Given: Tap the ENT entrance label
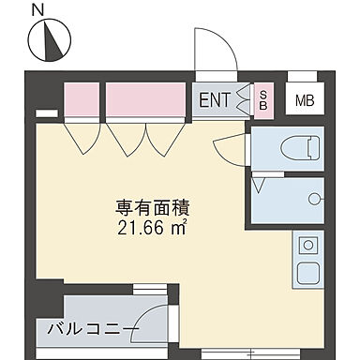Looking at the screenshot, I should pos(214,100).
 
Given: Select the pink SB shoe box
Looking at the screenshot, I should pos(263,100).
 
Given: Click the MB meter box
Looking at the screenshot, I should pos(304,100).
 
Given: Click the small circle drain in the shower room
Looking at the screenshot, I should pos(316,198).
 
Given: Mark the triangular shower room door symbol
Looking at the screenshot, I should pos(259,181).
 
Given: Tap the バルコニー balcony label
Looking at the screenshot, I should pos(91,330).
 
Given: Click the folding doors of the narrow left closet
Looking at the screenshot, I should pos(81,138).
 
